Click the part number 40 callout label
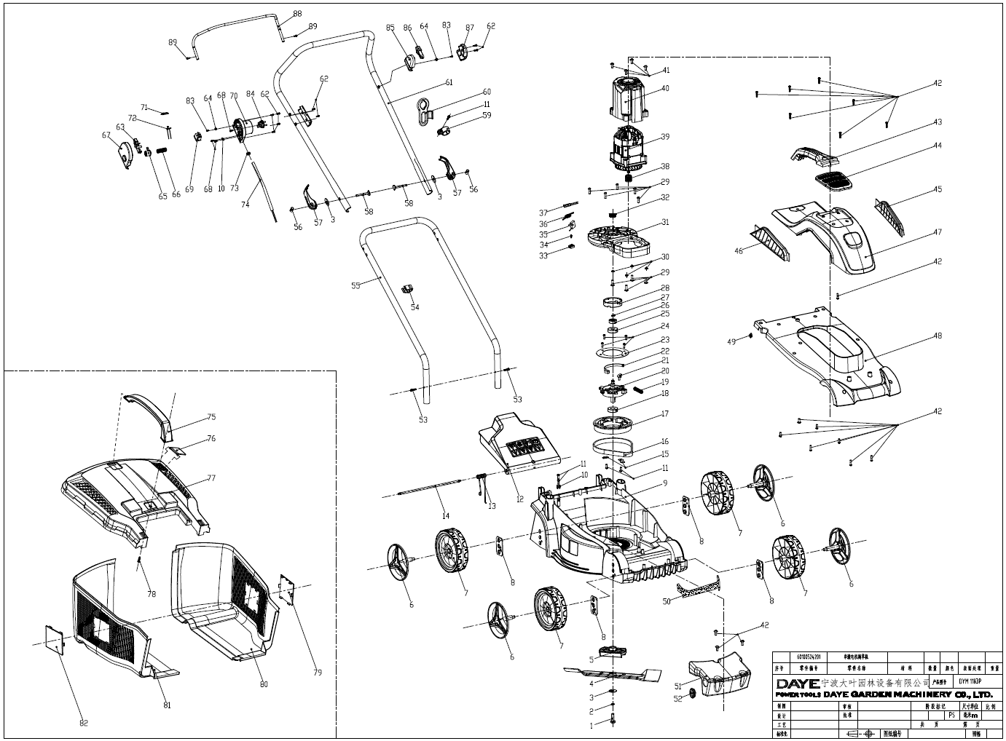click(x=665, y=89)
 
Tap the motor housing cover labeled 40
click(x=626, y=98)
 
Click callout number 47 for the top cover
click(x=938, y=233)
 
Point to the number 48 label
click(x=938, y=336)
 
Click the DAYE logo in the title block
click(x=797, y=683)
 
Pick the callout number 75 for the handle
click(x=211, y=417)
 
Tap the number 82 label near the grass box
click(x=83, y=723)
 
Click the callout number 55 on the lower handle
click(x=355, y=286)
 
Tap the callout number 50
click(x=666, y=601)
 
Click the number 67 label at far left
click(x=106, y=135)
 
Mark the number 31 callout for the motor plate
click(x=665, y=222)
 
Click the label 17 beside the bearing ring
click(x=664, y=414)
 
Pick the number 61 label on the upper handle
click(x=449, y=82)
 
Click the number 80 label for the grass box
click(x=263, y=683)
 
